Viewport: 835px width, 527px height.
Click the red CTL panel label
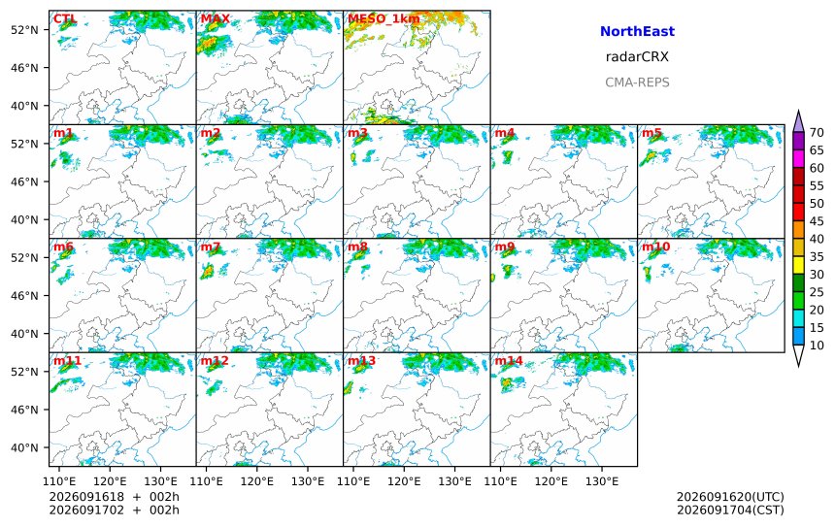pos(65,19)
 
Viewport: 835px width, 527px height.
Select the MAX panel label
pos(216,19)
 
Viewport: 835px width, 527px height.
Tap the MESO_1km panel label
pos(384,19)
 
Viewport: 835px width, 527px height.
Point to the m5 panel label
pos(651,133)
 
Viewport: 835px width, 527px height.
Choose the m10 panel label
pos(655,247)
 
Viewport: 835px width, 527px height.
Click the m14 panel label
pos(509,361)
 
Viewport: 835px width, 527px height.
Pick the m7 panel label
pos(211,247)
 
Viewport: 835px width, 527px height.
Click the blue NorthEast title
pos(637,31)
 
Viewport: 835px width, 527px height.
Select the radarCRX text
pos(637,57)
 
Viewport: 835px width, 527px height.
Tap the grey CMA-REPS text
pos(637,82)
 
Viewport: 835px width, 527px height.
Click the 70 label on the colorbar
pos(817,133)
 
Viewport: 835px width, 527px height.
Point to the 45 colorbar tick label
pos(817,221)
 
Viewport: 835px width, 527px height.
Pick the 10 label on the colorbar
pos(817,346)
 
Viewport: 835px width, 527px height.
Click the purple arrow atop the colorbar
pos(798,121)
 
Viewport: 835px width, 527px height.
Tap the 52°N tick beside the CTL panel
pos(24,30)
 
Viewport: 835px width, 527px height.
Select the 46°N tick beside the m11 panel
pos(24,410)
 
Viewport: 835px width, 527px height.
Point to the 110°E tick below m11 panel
pos(59,481)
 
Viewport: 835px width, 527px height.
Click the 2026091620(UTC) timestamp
pos(730,497)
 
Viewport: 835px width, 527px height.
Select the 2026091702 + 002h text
pos(114,510)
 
